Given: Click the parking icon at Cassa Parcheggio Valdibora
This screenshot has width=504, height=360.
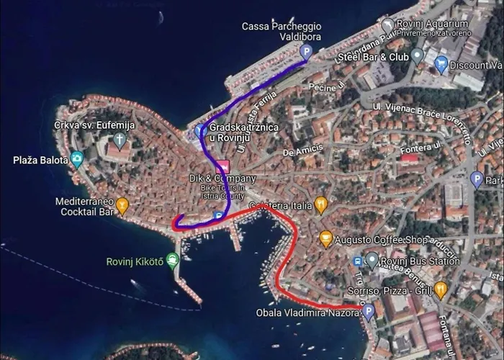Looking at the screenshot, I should pos(305,51).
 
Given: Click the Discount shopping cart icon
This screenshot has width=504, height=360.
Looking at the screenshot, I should pos(441,65).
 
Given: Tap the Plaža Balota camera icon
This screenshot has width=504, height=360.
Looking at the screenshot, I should pos(76,159).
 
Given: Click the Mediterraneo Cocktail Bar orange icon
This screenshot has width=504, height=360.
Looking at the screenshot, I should pos(122,206).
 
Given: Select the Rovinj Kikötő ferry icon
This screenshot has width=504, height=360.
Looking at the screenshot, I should pos(172,261).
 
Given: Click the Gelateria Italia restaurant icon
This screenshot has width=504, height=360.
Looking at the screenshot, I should pos(321,206).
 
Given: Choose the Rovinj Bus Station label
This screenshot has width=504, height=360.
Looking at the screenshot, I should pos(413,261).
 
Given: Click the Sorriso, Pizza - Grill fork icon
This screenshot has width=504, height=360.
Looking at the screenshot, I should pos(441,289).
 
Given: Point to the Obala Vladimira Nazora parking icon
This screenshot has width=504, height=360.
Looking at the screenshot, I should pos(368,312).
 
